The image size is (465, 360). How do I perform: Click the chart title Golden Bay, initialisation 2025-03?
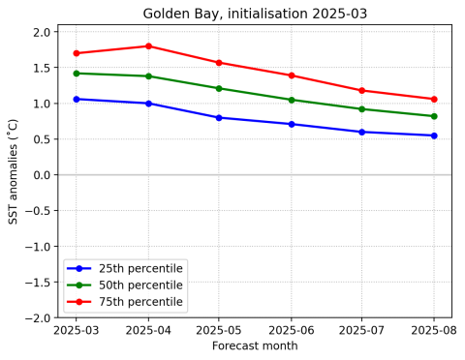click(255, 14)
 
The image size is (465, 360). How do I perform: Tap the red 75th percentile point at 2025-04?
click(148, 46)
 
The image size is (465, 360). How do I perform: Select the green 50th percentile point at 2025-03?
click(77, 74)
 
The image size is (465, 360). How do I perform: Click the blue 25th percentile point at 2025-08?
click(434, 135)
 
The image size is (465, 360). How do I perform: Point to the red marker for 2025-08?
click(434, 99)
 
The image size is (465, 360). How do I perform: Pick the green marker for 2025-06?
click(291, 100)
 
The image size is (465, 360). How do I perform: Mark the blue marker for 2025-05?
click(219, 118)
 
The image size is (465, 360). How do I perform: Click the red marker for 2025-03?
click(77, 53)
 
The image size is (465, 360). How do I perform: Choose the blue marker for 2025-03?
click(77, 99)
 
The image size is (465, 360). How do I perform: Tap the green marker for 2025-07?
click(362, 109)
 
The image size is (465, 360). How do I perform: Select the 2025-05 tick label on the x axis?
click(219, 331)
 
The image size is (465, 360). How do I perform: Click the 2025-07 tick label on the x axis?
click(362, 331)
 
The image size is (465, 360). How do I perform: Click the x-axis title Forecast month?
click(255, 346)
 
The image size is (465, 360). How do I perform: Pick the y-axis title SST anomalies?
click(14, 174)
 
